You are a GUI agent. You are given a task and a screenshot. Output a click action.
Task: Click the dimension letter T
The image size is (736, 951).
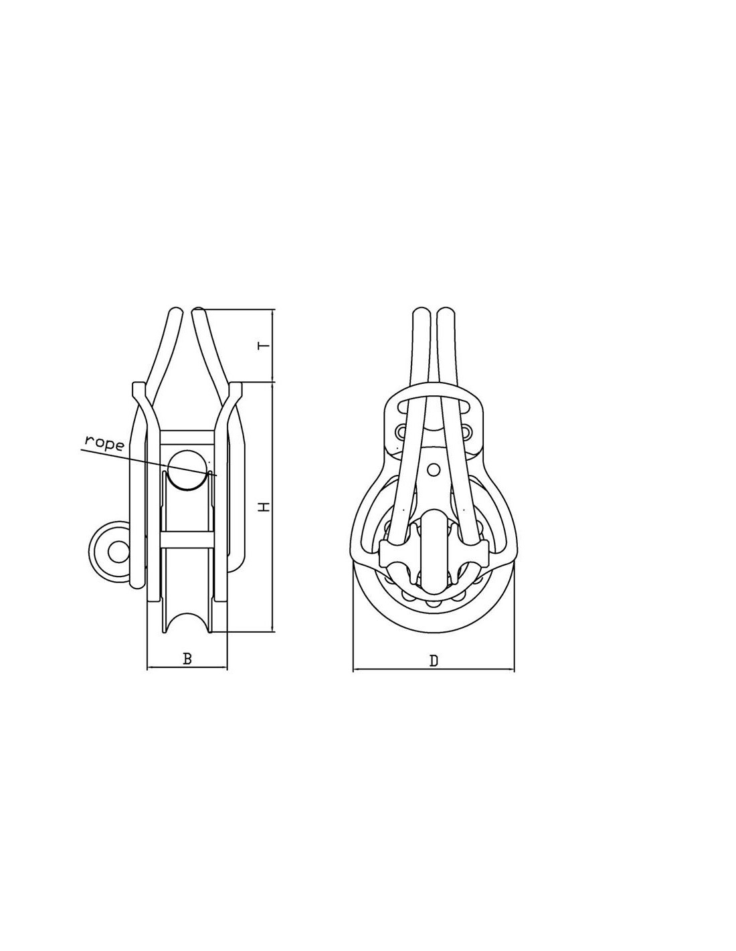263,346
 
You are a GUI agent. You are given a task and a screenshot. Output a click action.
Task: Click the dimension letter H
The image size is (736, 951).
263,507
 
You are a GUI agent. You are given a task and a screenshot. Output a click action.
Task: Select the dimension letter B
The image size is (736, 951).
187,659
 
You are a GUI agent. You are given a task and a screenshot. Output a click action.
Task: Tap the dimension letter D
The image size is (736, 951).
434,660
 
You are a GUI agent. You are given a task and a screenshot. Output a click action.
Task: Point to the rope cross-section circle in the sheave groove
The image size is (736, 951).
188,469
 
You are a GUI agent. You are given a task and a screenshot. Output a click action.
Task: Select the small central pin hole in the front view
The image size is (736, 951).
434,470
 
